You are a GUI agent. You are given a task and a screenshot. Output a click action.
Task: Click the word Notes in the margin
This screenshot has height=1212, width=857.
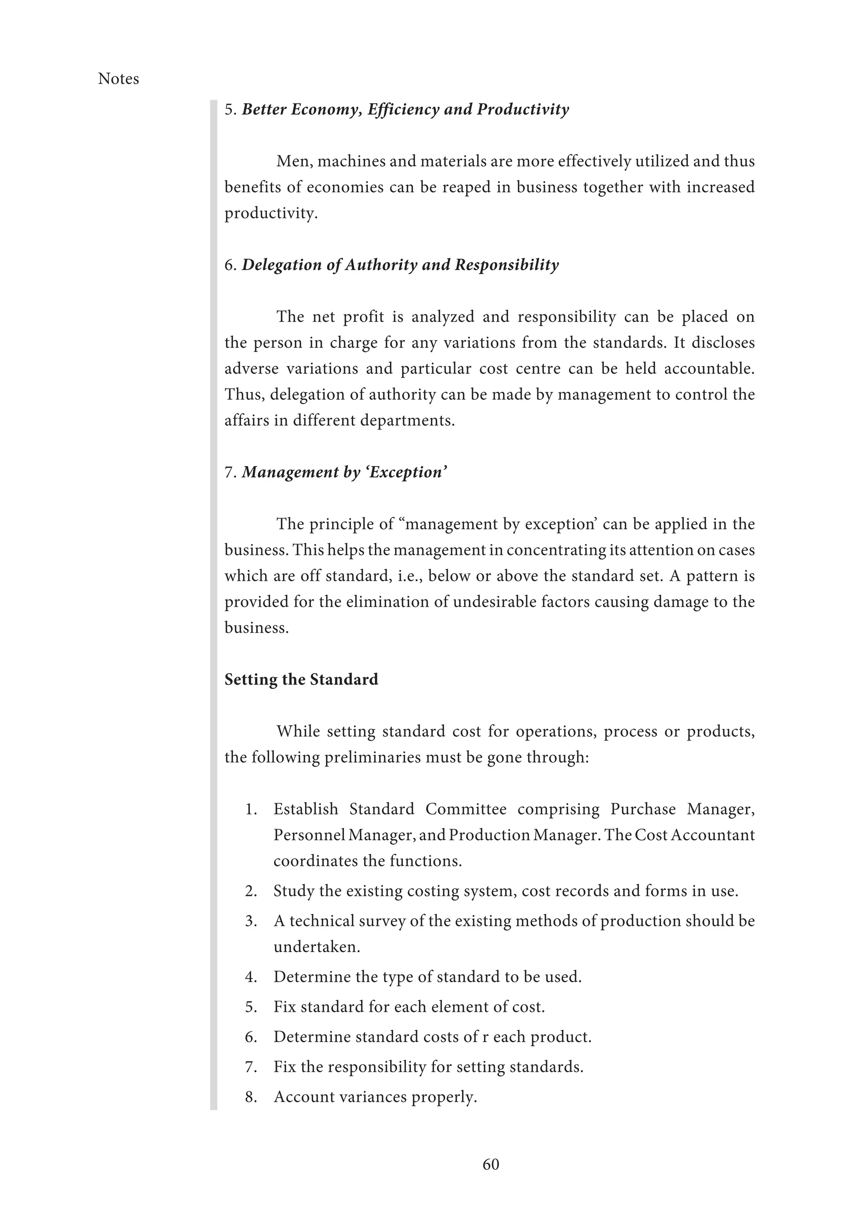tap(118, 79)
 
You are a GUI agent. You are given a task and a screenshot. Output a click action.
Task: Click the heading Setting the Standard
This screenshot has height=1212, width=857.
tap(301, 679)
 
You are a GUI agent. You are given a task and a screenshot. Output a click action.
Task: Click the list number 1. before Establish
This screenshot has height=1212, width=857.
tap(251, 809)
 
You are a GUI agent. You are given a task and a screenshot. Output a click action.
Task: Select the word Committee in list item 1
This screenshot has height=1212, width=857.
tap(466, 809)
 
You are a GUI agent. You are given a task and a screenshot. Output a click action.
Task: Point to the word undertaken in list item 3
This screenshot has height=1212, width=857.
tap(316, 947)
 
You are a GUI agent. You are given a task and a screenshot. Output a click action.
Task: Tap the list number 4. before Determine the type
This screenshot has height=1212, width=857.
tap(251, 977)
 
